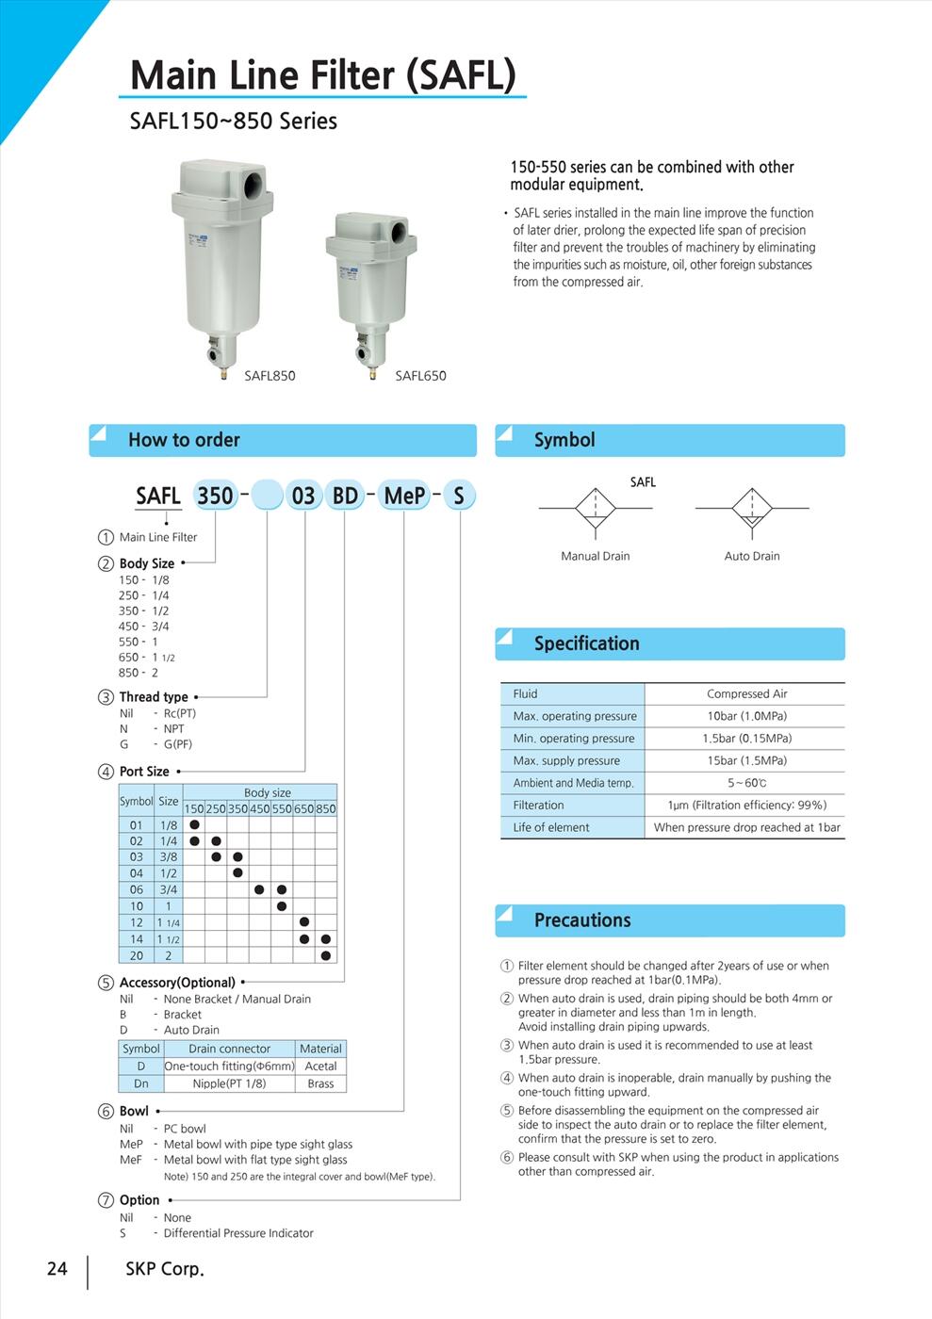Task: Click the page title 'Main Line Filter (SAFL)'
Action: click(x=322, y=75)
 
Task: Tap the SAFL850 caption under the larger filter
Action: click(x=270, y=376)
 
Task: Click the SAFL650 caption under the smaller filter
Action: click(x=420, y=376)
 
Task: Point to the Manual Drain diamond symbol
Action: click(x=596, y=509)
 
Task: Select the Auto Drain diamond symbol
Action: click(x=752, y=509)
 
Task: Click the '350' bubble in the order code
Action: click(x=216, y=496)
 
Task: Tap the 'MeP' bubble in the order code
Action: click(x=404, y=496)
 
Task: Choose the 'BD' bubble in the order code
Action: click(x=345, y=496)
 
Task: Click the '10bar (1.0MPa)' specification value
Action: click(x=746, y=716)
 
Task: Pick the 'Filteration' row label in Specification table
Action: click(x=538, y=806)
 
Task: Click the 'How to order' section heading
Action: click(x=184, y=440)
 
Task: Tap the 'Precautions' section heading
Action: click(x=582, y=920)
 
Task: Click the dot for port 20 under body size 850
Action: click(x=326, y=955)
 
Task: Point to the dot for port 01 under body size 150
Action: click(x=194, y=825)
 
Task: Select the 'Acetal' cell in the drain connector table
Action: click(x=320, y=1067)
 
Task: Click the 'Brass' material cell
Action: click(x=320, y=1083)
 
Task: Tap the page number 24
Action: click(x=57, y=1269)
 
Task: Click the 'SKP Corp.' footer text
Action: click(x=165, y=1269)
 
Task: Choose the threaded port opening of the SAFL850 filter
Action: click(x=255, y=183)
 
